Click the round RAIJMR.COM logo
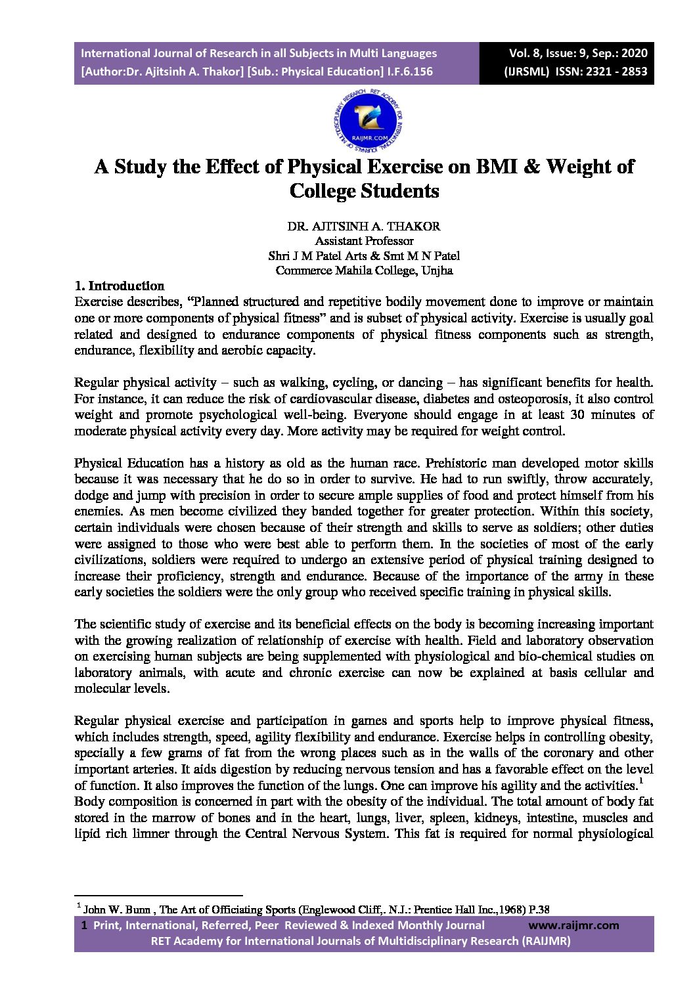pyautogui.click(x=368, y=120)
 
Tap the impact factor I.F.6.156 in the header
pyautogui.click(x=409, y=72)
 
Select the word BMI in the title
pyautogui.click(x=505, y=166)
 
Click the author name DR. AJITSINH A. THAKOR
pyautogui.click(x=363, y=226)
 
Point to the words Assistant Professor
pyautogui.click(x=364, y=241)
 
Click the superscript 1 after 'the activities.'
pyautogui.click(x=641, y=782)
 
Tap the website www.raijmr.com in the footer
pyautogui.click(x=573, y=925)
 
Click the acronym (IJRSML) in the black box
pyautogui.click(x=527, y=72)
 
